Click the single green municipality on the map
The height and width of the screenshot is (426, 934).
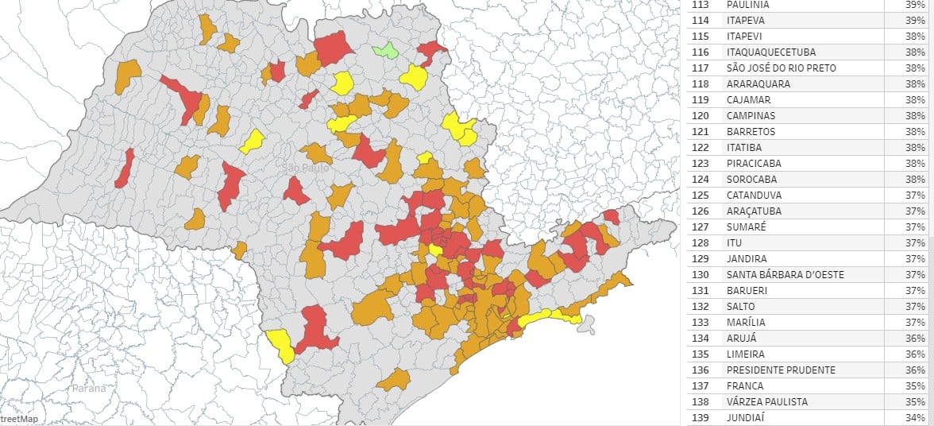coord(386,51)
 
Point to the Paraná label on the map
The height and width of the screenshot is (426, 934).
coord(88,389)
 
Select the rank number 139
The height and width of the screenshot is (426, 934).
coord(700,418)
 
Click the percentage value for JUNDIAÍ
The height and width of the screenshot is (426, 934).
coord(915,418)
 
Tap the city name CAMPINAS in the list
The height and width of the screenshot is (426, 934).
coord(750,116)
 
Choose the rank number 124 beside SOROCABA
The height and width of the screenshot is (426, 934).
coord(700,180)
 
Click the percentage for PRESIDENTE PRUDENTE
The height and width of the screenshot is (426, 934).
coord(915,370)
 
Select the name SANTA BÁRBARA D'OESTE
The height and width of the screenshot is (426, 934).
coord(785,275)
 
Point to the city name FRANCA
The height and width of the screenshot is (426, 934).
coord(744,386)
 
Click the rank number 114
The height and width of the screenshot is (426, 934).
coord(700,21)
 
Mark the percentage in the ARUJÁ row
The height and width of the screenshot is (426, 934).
coord(915,339)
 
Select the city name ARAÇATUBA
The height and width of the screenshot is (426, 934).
coord(754,211)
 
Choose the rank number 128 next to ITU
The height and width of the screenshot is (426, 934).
coord(700,243)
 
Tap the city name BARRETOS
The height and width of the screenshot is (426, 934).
coord(751,132)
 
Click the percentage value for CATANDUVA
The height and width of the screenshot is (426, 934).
coord(915,196)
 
